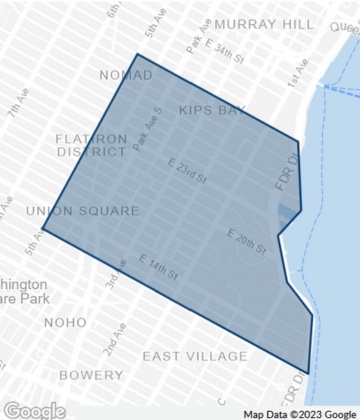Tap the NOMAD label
click(126, 75)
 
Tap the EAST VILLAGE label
click(194, 356)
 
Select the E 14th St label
click(159, 267)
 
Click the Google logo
click(34, 409)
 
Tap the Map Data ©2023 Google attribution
click(299, 413)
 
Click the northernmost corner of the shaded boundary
click(137, 55)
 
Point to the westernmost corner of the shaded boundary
click(42, 229)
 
